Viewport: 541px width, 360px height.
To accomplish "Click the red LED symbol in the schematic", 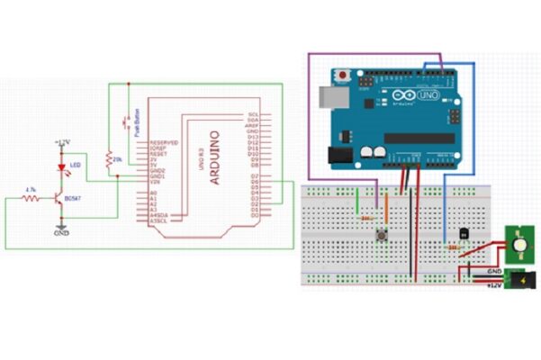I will pos(61,166).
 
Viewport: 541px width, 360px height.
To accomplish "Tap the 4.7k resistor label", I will pos(31,189).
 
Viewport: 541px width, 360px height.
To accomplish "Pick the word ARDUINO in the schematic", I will pos(214,157).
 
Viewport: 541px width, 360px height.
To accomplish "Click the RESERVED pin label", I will pos(162,143).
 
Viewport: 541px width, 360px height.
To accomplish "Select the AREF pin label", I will pos(252,126).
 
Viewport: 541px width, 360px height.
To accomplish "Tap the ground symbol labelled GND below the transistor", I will pos(61,230).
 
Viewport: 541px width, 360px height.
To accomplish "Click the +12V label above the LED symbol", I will pos(62,142).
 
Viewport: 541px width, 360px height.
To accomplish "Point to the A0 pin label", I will pos(153,192).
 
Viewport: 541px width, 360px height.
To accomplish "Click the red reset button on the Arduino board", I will pos(341,74).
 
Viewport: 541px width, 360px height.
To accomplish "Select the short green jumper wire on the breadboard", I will pos(358,202).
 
